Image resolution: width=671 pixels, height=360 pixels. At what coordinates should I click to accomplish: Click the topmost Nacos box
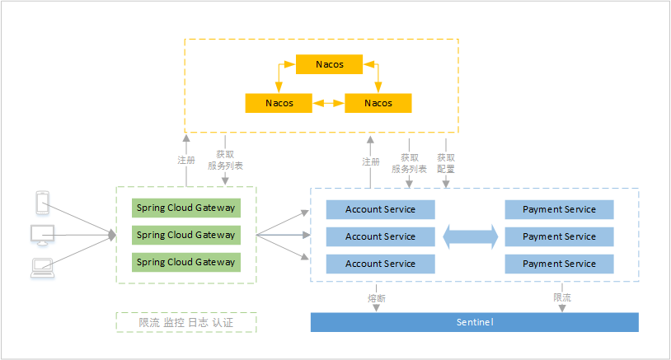pyautogui.click(x=329, y=63)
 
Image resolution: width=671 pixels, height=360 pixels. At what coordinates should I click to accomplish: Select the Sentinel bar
pyautogui.click(x=474, y=322)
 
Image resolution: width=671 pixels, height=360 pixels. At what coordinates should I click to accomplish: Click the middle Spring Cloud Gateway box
pyautogui.click(x=185, y=236)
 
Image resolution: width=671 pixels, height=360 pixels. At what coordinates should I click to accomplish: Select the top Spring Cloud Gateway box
pyautogui.click(x=185, y=208)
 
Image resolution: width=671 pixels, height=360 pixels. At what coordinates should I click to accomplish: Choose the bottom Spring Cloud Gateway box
pyautogui.click(x=185, y=263)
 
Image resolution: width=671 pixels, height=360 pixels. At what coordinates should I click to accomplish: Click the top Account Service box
pyautogui.click(x=380, y=209)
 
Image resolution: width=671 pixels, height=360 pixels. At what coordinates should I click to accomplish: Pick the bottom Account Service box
pyautogui.click(x=380, y=264)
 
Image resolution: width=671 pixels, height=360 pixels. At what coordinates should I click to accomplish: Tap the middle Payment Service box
pyautogui.click(x=559, y=236)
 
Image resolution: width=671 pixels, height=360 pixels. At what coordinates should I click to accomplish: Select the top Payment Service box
pyautogui.click(x=559, y=209)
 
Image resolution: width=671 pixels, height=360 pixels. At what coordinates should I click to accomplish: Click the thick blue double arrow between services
pyautogui.click(x=471, y=237)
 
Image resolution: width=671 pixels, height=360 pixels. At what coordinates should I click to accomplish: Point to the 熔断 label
pyautogui.click(x=376, y=297)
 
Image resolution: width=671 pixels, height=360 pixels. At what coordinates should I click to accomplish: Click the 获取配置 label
pyautogui.click(x=446, y=163)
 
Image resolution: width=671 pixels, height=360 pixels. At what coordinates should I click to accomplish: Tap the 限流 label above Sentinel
pyautogui.click(x=562, y=297)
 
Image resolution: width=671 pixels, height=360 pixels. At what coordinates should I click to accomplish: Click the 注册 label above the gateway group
pyautogui.click(x=186, y=160)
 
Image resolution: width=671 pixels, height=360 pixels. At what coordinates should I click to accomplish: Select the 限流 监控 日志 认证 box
pyautogui.click(x=186, y=323)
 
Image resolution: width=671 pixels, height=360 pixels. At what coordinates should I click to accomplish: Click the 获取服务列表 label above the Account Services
pyautogui.click(x=409, y=163)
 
